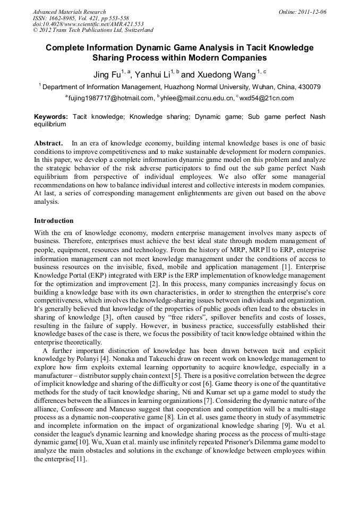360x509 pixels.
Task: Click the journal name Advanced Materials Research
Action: click(x=69, y=12)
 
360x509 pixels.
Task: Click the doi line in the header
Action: click(x=88, y=24)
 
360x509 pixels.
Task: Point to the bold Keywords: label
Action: click(x=51, y=116)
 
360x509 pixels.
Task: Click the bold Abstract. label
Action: click(x=48, y=143)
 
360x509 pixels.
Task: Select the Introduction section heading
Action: click(x=54, y=220)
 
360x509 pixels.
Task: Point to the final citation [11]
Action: click(x=78, y=459)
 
